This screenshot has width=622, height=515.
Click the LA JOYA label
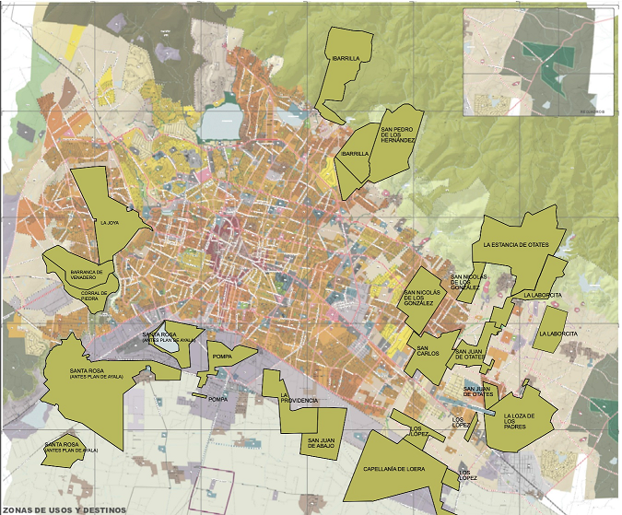(110, 222)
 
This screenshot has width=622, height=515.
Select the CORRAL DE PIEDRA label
(94, 295)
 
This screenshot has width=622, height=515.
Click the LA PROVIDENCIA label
(299, 397)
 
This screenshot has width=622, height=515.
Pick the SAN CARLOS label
(428, 351)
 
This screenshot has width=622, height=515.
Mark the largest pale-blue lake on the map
(220, 121)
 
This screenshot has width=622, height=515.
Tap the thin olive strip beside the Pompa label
(199, 396)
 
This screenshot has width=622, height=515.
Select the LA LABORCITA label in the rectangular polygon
(558, 333)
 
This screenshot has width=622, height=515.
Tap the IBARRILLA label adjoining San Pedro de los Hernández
(355, 155)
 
